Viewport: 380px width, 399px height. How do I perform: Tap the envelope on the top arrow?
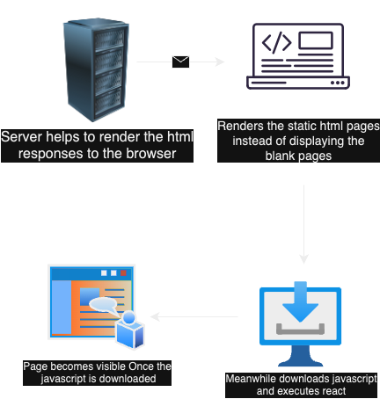click(181, 62)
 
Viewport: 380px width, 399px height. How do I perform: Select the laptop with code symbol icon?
click(302, 55)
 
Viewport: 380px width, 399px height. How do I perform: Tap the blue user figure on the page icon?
click(131, 331)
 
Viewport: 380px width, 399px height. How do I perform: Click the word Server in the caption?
click(23, 138)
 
